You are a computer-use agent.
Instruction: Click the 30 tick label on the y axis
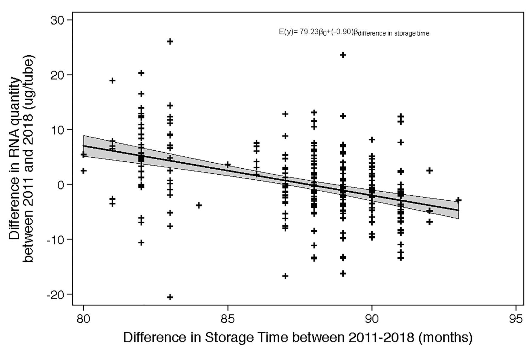pos(58,20)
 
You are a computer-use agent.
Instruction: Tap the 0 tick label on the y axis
pos(61,185)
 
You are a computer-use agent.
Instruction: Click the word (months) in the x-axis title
pos(445,338)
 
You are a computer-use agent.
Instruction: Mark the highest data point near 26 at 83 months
pos(170,42)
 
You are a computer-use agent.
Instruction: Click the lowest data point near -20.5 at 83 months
pos(170,297)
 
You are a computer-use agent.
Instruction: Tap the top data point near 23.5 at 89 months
pos(343,55)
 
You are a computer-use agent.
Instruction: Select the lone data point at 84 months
pos(199,205)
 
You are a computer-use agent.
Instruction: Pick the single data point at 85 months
pos(228,165)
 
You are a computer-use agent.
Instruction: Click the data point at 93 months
pos(458,200)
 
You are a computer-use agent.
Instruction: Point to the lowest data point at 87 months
pos(285,276)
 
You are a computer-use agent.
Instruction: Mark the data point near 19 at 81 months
pos(112,80)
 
